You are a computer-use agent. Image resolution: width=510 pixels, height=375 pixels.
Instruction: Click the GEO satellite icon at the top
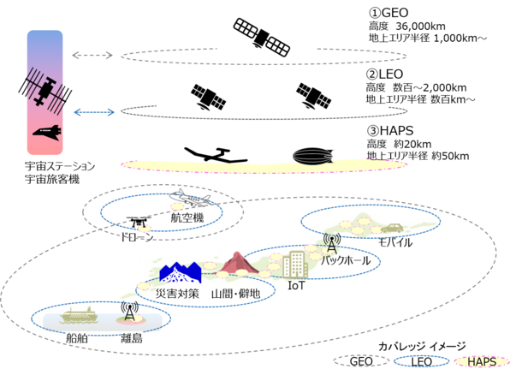tap(262, 37)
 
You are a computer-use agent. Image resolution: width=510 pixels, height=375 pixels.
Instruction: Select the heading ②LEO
tap(385, 74)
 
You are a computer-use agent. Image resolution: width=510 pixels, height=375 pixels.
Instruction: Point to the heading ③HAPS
tap(390, 130)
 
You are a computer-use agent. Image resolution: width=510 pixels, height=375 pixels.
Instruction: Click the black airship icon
tap(313, 156)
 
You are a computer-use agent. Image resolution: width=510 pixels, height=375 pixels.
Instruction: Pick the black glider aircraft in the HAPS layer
tap(216, 155)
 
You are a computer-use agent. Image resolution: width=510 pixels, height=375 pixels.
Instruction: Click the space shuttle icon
tap(47, 133)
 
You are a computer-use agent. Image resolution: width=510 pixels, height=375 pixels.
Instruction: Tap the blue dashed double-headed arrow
tap(94, 112)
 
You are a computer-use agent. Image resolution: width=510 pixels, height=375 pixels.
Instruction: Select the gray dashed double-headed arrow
tap(92, 55)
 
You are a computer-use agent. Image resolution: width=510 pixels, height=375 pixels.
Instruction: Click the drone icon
tap(139, 222)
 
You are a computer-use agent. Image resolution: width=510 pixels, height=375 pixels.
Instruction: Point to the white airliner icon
tap(190, 198)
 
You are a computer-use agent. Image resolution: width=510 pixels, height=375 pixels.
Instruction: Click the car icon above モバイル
tap(392, 228)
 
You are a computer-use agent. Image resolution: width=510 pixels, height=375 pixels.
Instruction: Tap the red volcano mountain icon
tap(238, 263)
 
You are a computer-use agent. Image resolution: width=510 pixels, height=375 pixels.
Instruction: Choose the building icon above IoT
tap(295, 265)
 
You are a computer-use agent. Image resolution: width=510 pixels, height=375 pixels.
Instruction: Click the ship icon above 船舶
tap(79, 315)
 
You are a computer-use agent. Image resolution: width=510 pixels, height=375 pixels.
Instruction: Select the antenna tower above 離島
tap(129, 311)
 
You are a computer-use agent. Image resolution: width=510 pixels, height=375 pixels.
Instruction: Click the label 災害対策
tap(177, 294)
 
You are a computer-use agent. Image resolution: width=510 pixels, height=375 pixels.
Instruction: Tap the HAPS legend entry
tap(482, 361)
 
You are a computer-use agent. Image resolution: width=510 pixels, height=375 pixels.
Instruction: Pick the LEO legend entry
tap(422, 361)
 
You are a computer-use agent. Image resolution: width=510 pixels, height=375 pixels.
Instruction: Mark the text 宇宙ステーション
tap(60, 166)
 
